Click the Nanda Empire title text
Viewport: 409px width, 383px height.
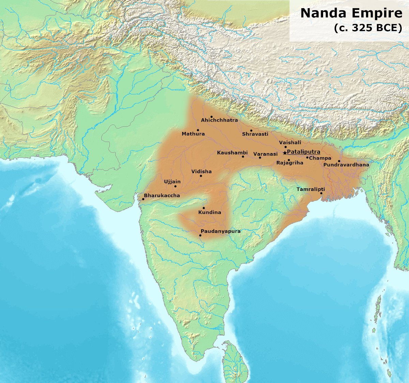pyautogui.click(x=351, y=13)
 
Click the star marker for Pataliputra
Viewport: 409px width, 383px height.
pyautogui.click(x=285, y=153)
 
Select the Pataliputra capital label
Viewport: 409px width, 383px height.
pyautogui.click(x=304, y=152)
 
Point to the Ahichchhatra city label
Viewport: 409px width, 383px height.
pyautogui.click(x=219, y=120)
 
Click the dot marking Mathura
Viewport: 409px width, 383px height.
pyautogui.click(x=198, y=130)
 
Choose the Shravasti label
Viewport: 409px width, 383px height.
pyautogui.click(x=255, y=134)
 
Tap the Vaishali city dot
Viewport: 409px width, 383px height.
pyautogui.click(x=286, y=147)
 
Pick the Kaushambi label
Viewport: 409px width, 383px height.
pyautogui.click(x=232, y=153)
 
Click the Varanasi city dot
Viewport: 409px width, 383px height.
pyautogui.click(x=260, y=158)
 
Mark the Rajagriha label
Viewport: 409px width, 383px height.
pyautogui.click(x=290, y=163)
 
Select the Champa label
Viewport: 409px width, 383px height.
pyautogui.click(x=320, y=158)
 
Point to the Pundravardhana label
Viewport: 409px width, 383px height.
pyautogui.click(x=346, y=165)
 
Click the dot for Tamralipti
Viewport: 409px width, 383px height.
pyautogui.click(x=321, y=193)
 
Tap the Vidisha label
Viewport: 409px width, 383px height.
pyautogui.click(x=201, y=172)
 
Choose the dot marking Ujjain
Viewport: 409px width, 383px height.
pyautogui.click(x=175, y=186)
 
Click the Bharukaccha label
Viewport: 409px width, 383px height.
pyautogui.click(x=162, y=196)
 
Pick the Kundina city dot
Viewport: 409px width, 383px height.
pyautogui.click(x=204, y=208)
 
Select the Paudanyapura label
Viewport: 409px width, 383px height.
pyautogui.click(x=221, y=231)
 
